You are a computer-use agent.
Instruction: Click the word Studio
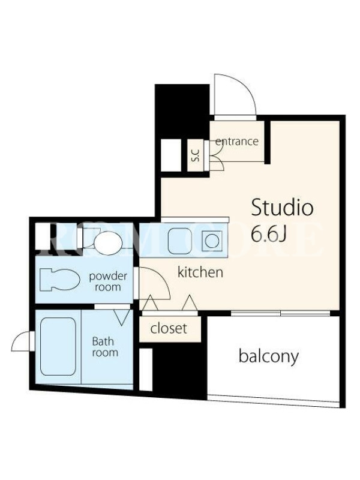pyautogui.click(x=282, y=208)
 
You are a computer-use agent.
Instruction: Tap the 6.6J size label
pyautogui.click(x=268, y=235)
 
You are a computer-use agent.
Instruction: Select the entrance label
pyautogui.click(x=236, y=142)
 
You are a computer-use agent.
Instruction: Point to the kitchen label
pyautogui.click(x=200, y=272)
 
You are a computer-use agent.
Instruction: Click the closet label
pyautogui.click(x=169, y=328)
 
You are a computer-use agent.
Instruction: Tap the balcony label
pyautogui.click(x=268, y=356)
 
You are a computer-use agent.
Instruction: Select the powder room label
pyautogui.click(x=108, y=281)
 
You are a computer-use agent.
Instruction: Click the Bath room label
pyautogui.click(x=105, y=347)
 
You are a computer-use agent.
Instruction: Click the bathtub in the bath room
pyautogui.click(x=58, y=346)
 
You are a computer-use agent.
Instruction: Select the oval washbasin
pyautogui.click(x=108, y=242)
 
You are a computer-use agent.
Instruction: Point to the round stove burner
pyautogui.click(x=212, y=241)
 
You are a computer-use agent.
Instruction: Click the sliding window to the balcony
pyautogui.click(x=280, y=313)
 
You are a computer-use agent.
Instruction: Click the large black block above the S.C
pyautogui.click(x=182, y=111)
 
